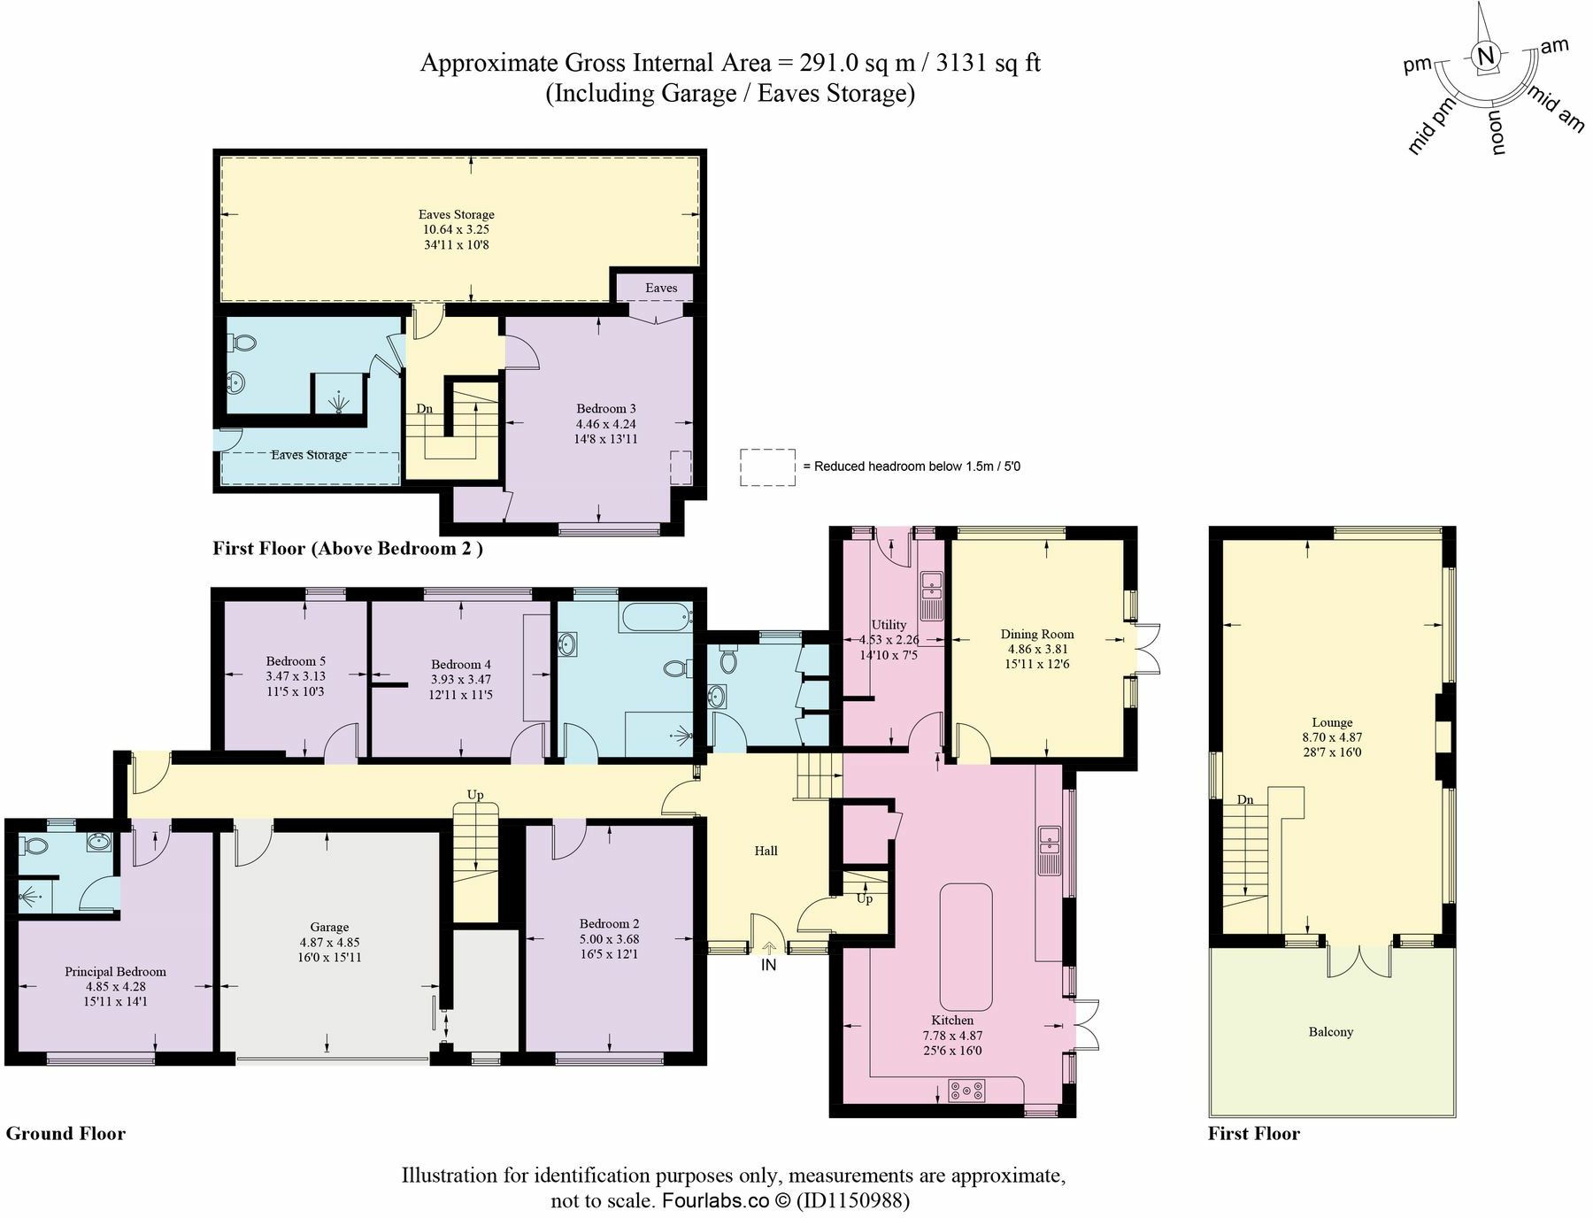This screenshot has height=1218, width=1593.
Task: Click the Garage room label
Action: coord(329,928)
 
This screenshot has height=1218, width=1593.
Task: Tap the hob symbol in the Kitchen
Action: coord(966,1091)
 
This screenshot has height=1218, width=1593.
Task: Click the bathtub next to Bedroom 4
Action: coord(656,617)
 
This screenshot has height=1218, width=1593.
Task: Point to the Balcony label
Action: coord(1330,1032)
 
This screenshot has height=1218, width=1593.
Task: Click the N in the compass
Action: coord(1487,56)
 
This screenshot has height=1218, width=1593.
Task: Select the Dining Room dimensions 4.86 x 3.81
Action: coord(1037,649)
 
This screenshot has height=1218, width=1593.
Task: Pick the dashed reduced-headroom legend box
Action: coord(767,466)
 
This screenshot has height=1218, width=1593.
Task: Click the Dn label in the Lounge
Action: coord(1245,800)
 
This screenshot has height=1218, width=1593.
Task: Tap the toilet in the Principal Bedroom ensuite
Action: coord(36,845)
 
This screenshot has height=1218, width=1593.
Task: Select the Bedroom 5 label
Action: coord(296,661)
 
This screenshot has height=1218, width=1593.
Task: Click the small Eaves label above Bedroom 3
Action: coord(661,288)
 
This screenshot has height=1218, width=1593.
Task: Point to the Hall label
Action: coord(766,851)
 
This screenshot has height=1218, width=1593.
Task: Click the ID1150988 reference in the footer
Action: coord(853,1201)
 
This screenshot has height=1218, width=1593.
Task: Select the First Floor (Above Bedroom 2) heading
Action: coord(348,548)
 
